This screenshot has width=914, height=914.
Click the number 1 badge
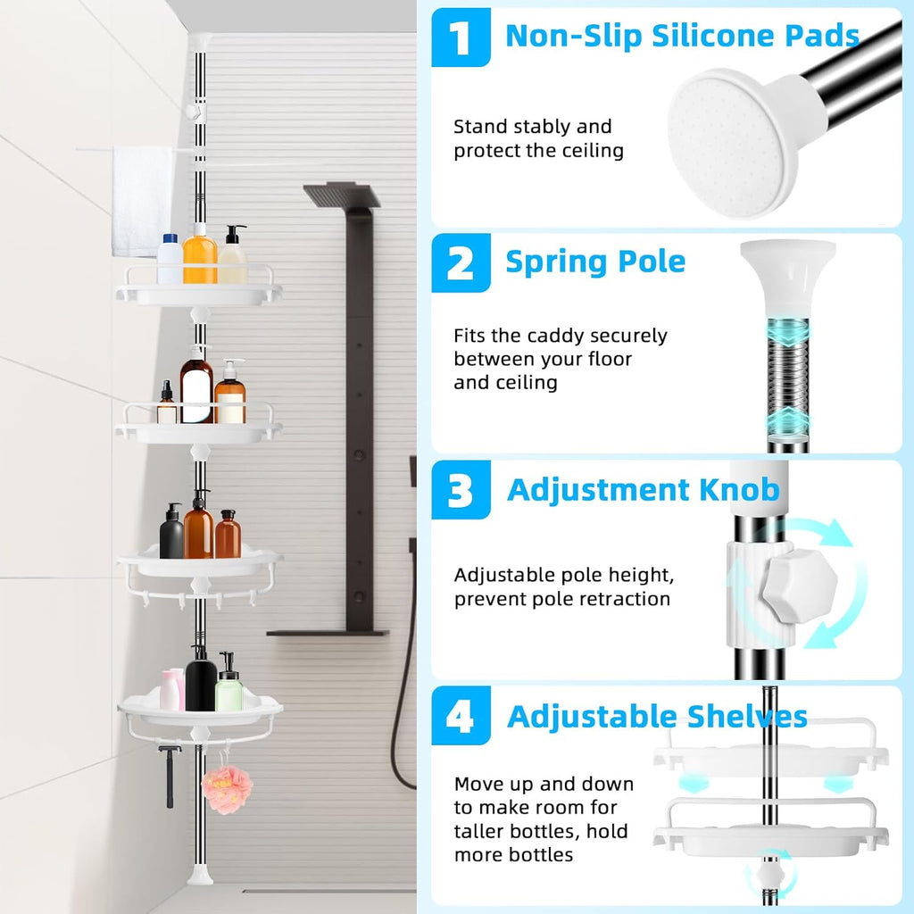coord(461,37)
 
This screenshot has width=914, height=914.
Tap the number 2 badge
coord(461,262)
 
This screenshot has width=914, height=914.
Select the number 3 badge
coord(461,490)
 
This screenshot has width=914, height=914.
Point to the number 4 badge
coord(461,716)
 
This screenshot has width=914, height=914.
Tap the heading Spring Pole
coord(595,262)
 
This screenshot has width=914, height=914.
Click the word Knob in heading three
coord(737,489)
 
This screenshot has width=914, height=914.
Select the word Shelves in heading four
coord(746,716)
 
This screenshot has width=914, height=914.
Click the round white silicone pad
coord(728,143)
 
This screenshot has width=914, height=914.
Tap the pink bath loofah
coord(227,788)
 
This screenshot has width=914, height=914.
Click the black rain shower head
coord(342,195)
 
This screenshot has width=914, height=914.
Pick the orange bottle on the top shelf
coord(200,256)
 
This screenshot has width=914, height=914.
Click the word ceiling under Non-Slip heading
coord(589,151)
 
